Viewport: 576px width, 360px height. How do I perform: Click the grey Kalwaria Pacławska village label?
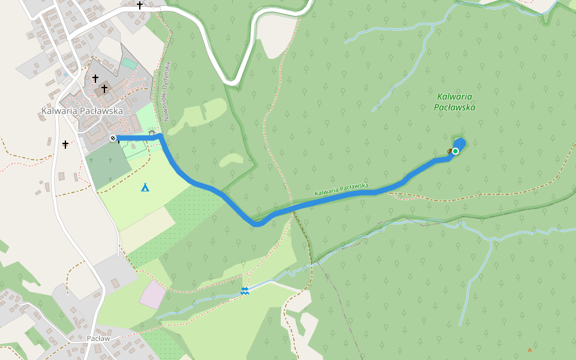click(x=82, y=111)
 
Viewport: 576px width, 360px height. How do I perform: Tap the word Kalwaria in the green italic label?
click(x=454, y=97)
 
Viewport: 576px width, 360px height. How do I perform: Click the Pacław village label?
click(x=97, y=338)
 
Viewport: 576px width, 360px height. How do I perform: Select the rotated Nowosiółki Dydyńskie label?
click(x=167, y=89)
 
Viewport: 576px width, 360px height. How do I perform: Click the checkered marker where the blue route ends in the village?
click(x=113, y=139)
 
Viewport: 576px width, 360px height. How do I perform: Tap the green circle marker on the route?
click(x=455, y=151)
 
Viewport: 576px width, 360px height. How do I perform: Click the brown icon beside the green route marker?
click(x=450, y=150)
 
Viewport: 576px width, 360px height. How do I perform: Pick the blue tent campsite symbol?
click(x=145, y=188)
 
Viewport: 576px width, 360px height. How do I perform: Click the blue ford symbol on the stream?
click(x=245, y=291)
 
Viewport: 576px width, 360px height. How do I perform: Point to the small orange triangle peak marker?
click(x=530, y=349)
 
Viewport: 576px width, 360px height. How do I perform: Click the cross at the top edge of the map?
click(x=140, y=5)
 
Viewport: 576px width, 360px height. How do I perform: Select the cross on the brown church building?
click(x=104, y=89)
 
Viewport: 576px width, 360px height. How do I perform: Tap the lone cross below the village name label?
click(x=65, y=144)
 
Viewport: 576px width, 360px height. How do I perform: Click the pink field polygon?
click(x=153, y=295)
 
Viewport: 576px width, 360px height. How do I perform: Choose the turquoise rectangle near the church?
click(x=129, y=63)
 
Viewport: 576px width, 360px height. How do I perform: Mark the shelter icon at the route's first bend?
click(x=152, y=133)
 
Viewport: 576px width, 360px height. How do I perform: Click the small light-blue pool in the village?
click(x=65, y=74)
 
